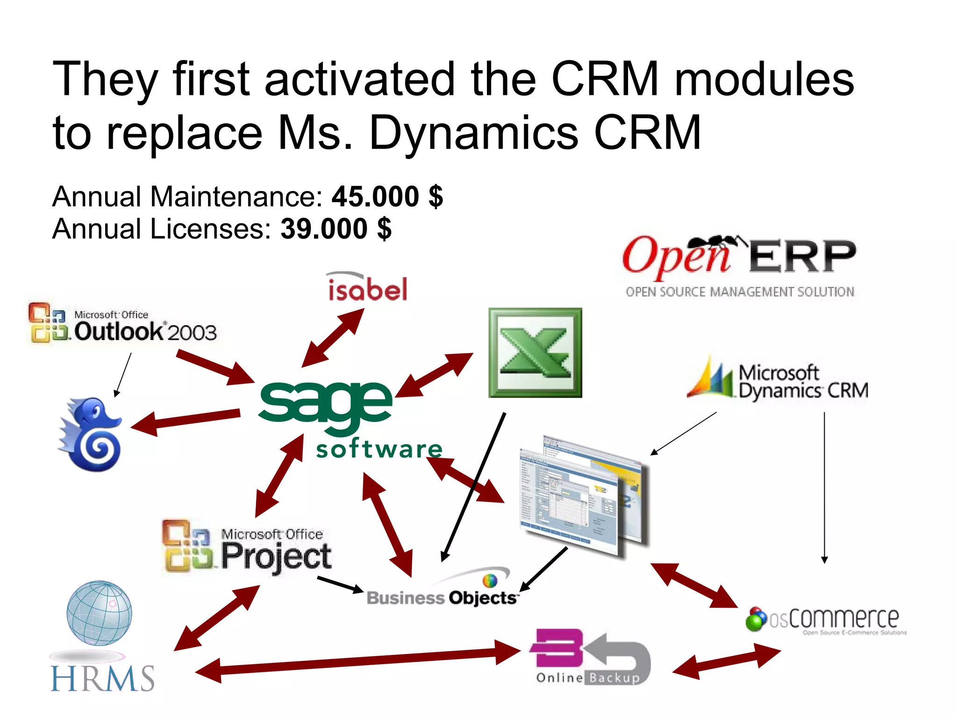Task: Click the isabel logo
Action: click(367, 287)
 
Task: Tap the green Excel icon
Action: click(535, 353)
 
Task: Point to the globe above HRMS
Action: click(99, 612)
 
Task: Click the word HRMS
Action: click(102, 678)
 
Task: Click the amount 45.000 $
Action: click(387, 197)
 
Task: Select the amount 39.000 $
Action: click(336, 229)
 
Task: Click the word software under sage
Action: click(379, 449)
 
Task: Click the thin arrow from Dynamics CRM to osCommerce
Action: click(824, 486)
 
